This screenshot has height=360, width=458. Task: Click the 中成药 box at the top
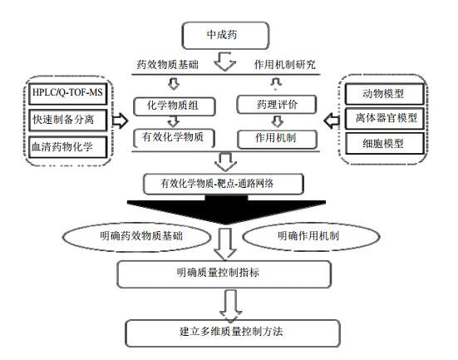[x=225, y=36]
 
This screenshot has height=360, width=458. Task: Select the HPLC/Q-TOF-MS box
[x=68, y=94]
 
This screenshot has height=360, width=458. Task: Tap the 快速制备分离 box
[x=68, y=120]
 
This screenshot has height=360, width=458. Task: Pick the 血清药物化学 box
[x=68, y=146]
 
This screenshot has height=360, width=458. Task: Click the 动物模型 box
[x=384, y=94]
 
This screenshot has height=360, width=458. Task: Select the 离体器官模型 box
[x=384, y=118]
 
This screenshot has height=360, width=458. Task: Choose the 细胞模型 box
[x=384, y=144]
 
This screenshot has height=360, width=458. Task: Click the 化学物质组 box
[x=175, y=106]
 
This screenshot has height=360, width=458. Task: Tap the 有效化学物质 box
[x=174, y=138]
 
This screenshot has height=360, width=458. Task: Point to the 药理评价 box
[x=277, y=104]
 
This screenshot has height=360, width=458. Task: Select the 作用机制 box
[x=277, y=139]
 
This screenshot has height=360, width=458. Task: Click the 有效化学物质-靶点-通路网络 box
[x=224, y=184]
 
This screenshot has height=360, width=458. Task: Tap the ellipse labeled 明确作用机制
[x=311, y=236]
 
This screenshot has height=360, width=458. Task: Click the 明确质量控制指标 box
[x=224, y=274]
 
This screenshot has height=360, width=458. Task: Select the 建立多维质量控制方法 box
[x=233, y=333]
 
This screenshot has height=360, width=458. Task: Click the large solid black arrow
[x=226, y=210]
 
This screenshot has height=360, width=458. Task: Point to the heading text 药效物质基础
[x=167, y=65]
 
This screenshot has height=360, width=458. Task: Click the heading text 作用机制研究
[x=285, y=65]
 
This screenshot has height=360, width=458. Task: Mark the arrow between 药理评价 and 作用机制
[x=277, y=121]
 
